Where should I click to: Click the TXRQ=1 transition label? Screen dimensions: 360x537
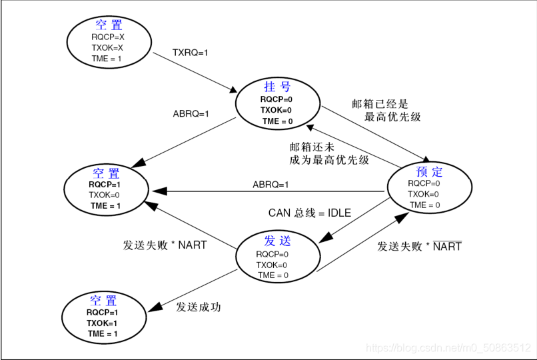click(191, 51)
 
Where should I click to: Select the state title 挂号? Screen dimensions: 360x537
click(276, 87)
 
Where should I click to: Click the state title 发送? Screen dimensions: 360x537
click(277, 241)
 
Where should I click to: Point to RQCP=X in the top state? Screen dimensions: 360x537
click(108, 37)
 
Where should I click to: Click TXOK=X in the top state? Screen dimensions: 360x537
click(108, 48)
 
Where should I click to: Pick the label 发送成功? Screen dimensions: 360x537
click(199, 307)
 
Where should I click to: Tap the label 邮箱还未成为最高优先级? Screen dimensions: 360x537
click(329, 153)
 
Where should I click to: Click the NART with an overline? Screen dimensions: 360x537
click(447, 246)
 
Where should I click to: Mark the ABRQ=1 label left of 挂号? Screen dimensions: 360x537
click(191, 113)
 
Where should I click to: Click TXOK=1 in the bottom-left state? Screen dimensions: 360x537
click(102, 323)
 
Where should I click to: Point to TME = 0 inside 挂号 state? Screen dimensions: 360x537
click(277, 121)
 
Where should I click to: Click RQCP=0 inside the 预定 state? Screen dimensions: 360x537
click(424, 183)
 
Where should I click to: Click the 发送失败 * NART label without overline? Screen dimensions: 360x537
click(165, 245)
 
